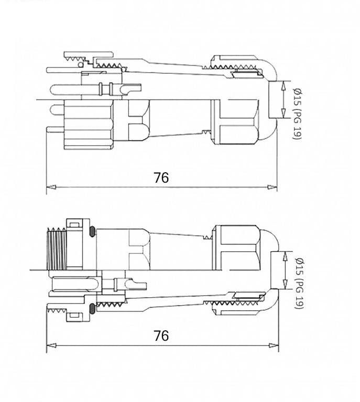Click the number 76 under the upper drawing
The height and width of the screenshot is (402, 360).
tap(161, 177)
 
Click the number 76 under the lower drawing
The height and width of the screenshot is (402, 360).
tap(161, 336)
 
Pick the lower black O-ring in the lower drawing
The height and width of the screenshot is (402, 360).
tap(92, 307)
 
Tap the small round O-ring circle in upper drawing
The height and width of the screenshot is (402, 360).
tap(80, 65)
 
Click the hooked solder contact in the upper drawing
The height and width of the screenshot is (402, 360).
tap(123, 90)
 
